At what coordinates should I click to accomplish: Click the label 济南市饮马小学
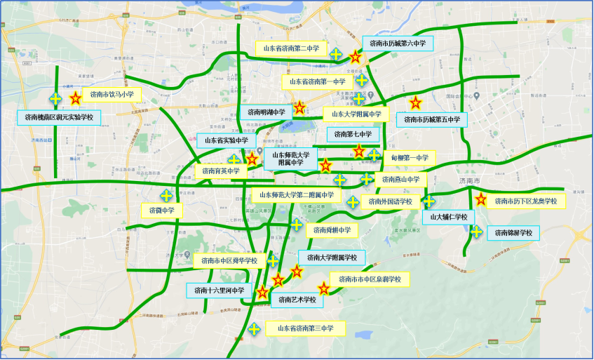point(112,94)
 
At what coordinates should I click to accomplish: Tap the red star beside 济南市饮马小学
point(75,99)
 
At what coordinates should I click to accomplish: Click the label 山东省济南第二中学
point(290,48)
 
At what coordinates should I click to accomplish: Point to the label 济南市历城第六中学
point(398,44)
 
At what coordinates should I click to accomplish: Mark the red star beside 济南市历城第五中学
point(415,102)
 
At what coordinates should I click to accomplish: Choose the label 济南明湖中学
point(266,112)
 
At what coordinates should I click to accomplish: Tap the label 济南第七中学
point(353,134)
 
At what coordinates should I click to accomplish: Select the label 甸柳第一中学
point(410,158)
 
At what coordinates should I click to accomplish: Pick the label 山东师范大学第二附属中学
point(296,194)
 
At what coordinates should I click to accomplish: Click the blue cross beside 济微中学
point(167,195)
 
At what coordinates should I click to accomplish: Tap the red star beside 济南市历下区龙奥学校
point(480,199)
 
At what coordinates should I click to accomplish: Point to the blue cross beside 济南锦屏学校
point(476,232)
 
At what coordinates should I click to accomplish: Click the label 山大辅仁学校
point(449,218)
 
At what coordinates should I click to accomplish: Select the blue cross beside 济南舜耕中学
point(297,225)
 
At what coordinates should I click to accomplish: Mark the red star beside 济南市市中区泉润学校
point(323,288)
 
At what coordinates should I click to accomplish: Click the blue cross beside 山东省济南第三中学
point(255,328)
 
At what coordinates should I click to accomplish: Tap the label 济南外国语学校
point(391,202)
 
